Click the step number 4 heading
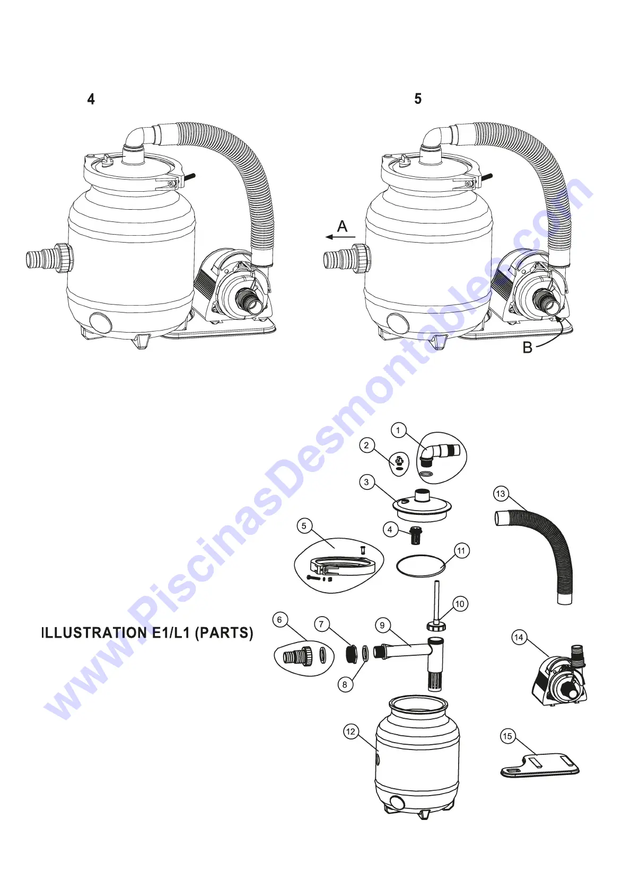click(x=91, y=99)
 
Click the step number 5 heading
click(x=418, y=99)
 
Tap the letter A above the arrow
click(x=343, y=227)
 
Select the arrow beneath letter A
click(x=340, y=237)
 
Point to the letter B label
click(x=527, y=348)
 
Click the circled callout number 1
click(x=398, y=430)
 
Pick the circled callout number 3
click(x=366, y=482)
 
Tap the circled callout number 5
click(x=304, y=526)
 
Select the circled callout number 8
click(x=345, y=684)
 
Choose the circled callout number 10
click(x=460, y=604)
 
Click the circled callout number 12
click(x=350, y=732)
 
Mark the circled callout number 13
click(x=501, y=494)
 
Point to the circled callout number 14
click(x=519, y=637)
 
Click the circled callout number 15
click(x=507, y=736)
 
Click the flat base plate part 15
click(x=541, y=766)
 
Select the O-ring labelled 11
click(x=421, y=566)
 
